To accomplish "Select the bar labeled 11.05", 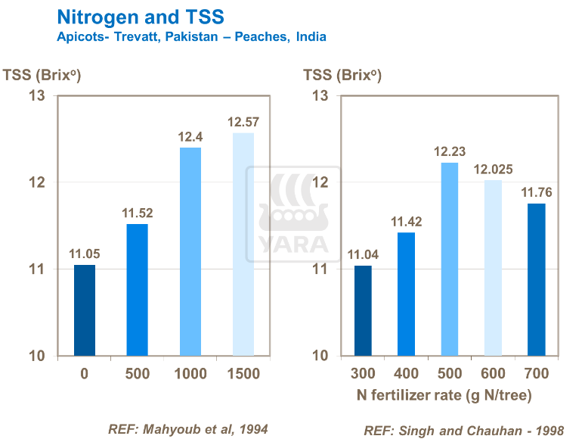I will [x=85, y=310].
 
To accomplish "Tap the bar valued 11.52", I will [x=138, y=290].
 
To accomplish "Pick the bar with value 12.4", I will [x=190, y=251].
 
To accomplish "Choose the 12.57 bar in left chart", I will [x=243, y=244].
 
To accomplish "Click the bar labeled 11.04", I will [x=363, y=310].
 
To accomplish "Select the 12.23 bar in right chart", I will [x=450, y=259].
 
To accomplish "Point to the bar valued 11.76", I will [x=536, y=279].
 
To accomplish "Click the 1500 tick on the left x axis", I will [x=243, y=374].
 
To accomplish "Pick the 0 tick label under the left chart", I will [x=85, y=374].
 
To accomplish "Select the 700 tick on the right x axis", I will [x=536, y=374].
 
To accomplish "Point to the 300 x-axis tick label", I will [x=363, y=374].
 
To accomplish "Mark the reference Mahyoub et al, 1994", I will [x=188, y=429].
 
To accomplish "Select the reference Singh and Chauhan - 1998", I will [x=464, y=430].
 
